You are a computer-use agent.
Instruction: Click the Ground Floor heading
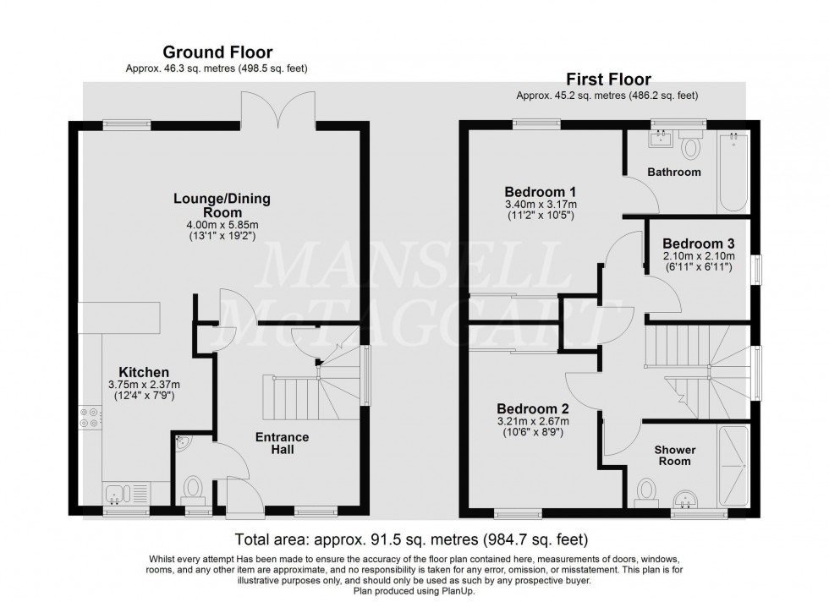pos(217,52)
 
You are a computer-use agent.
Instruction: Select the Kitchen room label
pos(143,372)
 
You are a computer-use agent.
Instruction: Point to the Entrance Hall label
pos(283,443)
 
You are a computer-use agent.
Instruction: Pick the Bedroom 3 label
pos(698,243)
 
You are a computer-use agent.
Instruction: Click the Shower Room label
pos(674,455)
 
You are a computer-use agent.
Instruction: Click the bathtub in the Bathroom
pos(732,172)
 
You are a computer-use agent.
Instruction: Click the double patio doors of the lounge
pos(271,108)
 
